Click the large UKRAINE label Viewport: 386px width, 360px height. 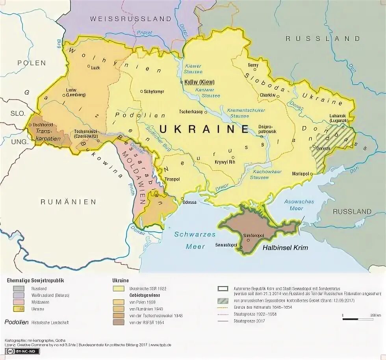[x=204, y=129]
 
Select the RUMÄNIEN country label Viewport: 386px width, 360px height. [x=69, y=202]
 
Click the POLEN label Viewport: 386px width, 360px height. [x=32, y=63]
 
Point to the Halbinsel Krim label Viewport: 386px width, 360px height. [x=286, y=248]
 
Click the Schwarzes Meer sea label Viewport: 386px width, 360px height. [x=195, y=240]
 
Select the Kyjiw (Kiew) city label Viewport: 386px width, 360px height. [x=199, y=82]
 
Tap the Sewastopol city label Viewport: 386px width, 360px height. [x=226, y=245]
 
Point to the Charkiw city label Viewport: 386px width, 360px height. [x=267, y=95]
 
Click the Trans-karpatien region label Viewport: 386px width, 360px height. [x=48, y=134]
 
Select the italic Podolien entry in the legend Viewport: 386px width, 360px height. [x=17, y=322]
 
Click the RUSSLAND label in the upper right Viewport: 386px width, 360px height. [x=323, y=39]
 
